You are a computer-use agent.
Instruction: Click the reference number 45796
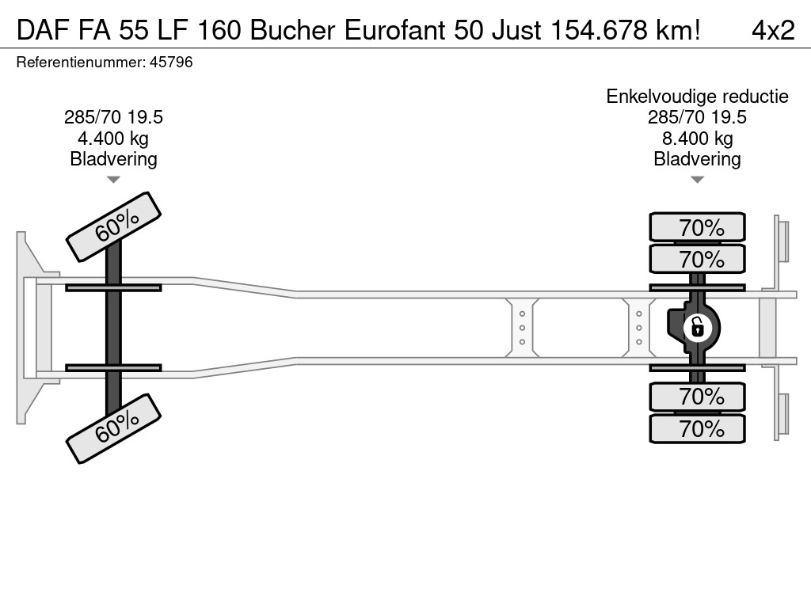click(171, 63)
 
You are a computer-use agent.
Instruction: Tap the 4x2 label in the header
click(773, 31)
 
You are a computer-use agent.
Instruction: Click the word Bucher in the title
click(293, 31)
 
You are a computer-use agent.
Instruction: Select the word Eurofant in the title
click(394, 31)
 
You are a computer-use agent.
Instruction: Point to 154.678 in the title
click(599, 31)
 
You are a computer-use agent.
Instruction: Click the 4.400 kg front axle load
click(113, 139)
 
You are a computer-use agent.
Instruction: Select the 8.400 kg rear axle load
click(697, 139)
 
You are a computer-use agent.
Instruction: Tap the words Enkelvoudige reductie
click(697, 97)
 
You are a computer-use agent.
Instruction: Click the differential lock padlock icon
click(697, 328)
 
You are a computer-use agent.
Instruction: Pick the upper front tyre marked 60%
click(114, 227)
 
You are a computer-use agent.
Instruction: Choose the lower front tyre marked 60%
click(114, 428)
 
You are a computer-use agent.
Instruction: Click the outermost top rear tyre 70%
click(697, 226)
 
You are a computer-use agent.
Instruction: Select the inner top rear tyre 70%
click(697, 259)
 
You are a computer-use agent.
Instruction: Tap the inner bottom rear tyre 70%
click(697, 397)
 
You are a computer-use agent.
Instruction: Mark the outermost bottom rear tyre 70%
click(697, 428)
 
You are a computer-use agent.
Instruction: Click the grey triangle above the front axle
click(113, 180)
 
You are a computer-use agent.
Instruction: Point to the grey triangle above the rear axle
click(697, 180)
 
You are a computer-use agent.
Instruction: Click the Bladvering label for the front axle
click(113, 159)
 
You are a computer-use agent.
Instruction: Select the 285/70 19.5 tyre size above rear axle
click(697, 117)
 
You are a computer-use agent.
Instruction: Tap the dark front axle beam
click(113, 328)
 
